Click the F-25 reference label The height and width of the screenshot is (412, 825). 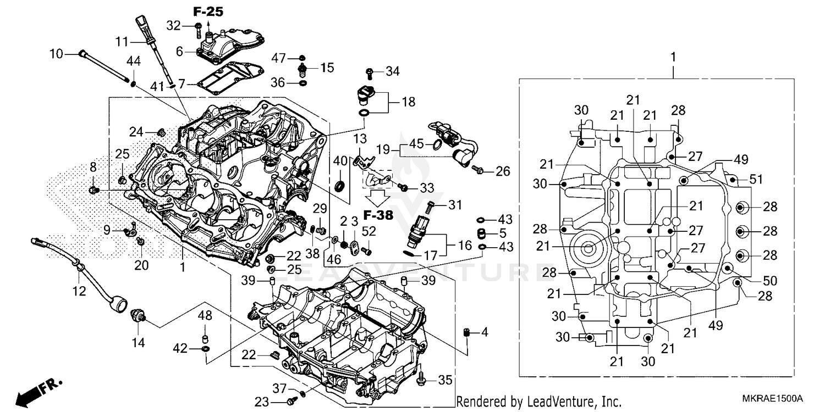coord(208,12)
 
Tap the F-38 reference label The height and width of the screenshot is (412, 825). coord(378,215)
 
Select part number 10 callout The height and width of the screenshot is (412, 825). coord(57,54)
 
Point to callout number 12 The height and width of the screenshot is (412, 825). coord(79,291)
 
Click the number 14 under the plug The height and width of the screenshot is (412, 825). coord(137,343)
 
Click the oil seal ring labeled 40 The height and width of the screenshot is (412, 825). coord(341,185)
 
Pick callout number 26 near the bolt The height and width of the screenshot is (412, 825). coord(503,171)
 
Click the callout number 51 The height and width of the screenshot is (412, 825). coord(757,179)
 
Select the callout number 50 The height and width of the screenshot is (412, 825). coord(769,281)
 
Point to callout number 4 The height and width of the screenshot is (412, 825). coord(484,332)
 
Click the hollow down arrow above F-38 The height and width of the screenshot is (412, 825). coord(378,197)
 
